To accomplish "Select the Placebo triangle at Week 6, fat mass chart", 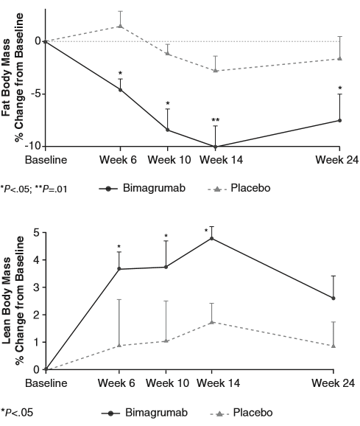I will click(x=120, y=27).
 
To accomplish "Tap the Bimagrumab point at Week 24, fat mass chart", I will click(x=339, y=120).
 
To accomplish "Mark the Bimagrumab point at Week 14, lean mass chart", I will click(x=212, y=238).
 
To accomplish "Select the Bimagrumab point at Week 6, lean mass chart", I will click(x=120, y=269).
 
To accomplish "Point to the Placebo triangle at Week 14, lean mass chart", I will click(x=212, y=322).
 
